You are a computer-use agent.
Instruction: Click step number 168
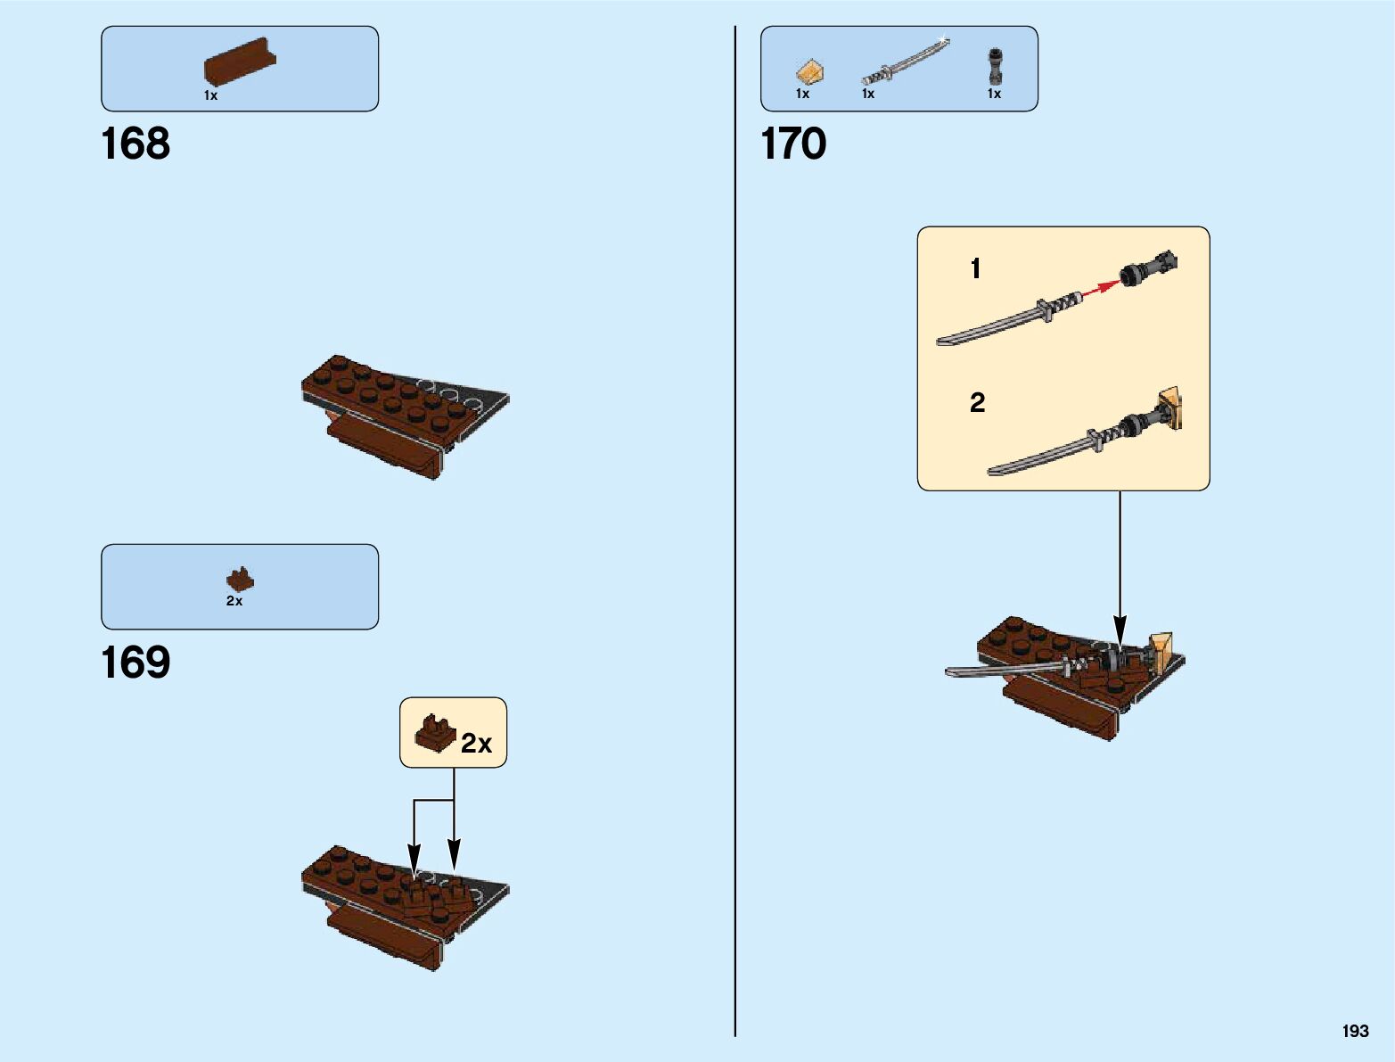coord(135,144)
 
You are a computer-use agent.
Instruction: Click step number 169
coord(135,663)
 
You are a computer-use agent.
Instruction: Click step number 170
coord(793,144)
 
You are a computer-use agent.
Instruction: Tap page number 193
coord(1355,1031)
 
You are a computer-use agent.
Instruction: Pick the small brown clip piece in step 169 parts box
coord(239,580)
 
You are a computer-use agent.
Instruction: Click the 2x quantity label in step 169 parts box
coord(234,602)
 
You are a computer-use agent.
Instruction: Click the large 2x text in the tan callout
coord(477,744)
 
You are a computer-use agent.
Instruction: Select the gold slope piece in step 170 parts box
coord(809,71)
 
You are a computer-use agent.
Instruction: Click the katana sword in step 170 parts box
coord(905,61)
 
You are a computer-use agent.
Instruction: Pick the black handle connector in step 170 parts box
coord(995,66)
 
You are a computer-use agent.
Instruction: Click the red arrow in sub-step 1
coord(1101,286)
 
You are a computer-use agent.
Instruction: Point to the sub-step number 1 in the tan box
coord(976,268)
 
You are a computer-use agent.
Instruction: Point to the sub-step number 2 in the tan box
coord(978,403)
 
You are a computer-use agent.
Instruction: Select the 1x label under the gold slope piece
coord(803,94)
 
